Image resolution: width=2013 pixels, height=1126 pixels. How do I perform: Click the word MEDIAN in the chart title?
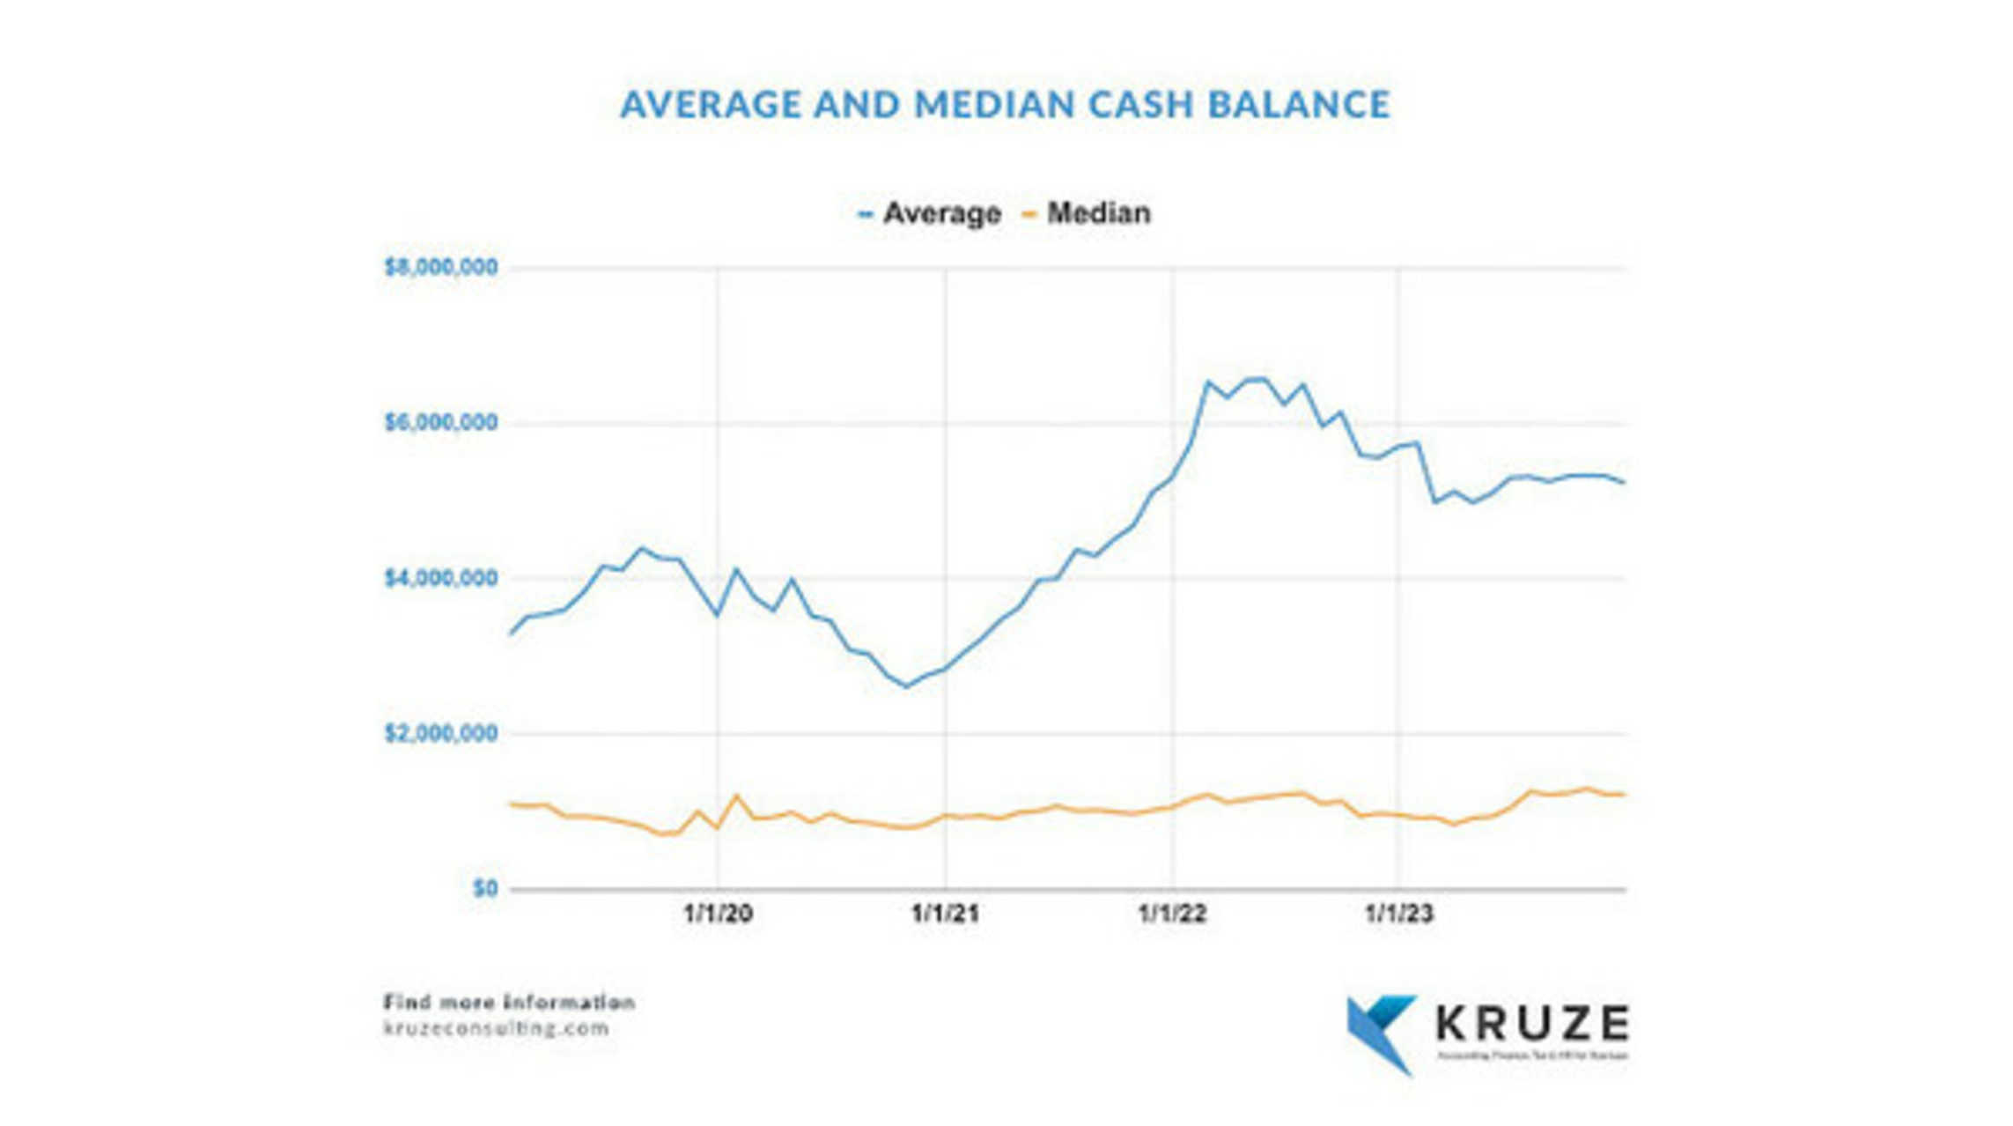(994, 105)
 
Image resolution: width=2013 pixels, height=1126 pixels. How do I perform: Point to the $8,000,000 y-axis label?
(441, 267)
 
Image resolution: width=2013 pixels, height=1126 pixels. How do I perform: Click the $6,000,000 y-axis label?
(441, 423)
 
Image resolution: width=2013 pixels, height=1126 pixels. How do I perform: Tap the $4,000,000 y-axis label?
(441, 578)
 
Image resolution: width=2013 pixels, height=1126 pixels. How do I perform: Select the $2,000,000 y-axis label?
(441, 733)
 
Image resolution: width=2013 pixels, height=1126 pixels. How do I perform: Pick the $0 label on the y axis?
(485, 888)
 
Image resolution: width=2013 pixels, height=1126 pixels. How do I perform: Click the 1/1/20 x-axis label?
(718, 914)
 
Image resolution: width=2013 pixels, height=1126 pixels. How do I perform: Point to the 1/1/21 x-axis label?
(945, 914)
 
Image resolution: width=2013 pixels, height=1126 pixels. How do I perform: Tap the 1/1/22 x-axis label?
(1172, 914)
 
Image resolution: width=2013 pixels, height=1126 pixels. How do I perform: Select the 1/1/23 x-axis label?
(1399, 914)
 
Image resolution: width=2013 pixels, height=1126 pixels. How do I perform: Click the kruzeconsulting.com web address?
(497, 1028)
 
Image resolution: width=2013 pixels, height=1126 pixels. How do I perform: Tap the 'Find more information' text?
(509, 1002)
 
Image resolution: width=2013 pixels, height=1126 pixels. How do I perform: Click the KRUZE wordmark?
(1532, 1023)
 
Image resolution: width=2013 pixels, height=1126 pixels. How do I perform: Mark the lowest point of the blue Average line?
(906, 686)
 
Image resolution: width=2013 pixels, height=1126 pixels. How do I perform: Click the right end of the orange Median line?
(1624, 795)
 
